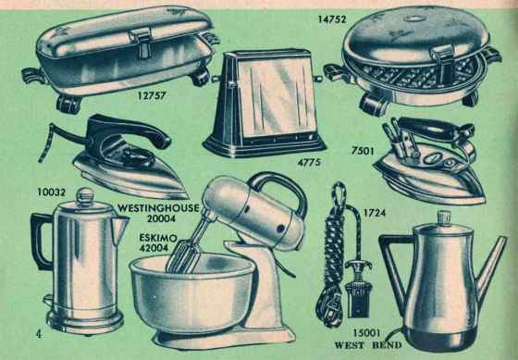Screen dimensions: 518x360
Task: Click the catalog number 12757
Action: coord(152,96)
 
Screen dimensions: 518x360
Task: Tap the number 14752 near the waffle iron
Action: coord(332,19)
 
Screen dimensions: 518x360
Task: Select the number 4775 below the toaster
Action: coord(309,162)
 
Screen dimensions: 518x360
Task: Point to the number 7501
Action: coord(363,151)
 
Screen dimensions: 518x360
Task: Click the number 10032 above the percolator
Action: coord(51,192)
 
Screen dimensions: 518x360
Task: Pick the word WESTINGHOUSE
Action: coord(158,208)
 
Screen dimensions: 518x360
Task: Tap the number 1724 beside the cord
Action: coord(375,213)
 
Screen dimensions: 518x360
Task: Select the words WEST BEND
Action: coord(368,345)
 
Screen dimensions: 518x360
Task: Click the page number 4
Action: coord(39,334)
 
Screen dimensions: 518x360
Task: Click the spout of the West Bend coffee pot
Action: coord(490,267)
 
